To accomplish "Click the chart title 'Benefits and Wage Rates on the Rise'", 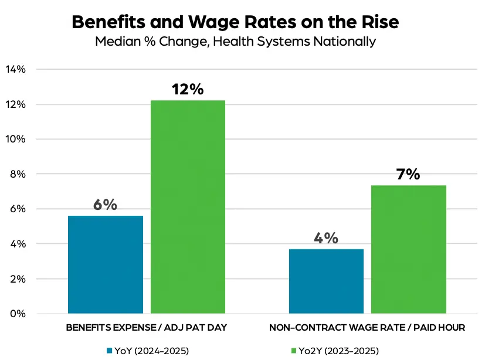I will (235, 22).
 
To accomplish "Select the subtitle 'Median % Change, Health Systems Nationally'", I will (235, 42).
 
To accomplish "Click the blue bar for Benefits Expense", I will (106, 264).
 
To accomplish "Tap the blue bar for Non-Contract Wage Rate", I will (326, 281).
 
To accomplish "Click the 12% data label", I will (188, 90).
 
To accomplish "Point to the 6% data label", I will (106, 205).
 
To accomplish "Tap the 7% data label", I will (409, 175).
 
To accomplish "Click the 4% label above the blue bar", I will (326, 239).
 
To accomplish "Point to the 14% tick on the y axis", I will (16, 69).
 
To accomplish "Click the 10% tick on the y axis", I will (16, 139).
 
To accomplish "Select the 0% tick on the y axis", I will (18, 314).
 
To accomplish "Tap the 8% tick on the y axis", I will (18, 174).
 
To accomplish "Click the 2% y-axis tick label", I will (18, 279).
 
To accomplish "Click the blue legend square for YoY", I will (110, 351).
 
